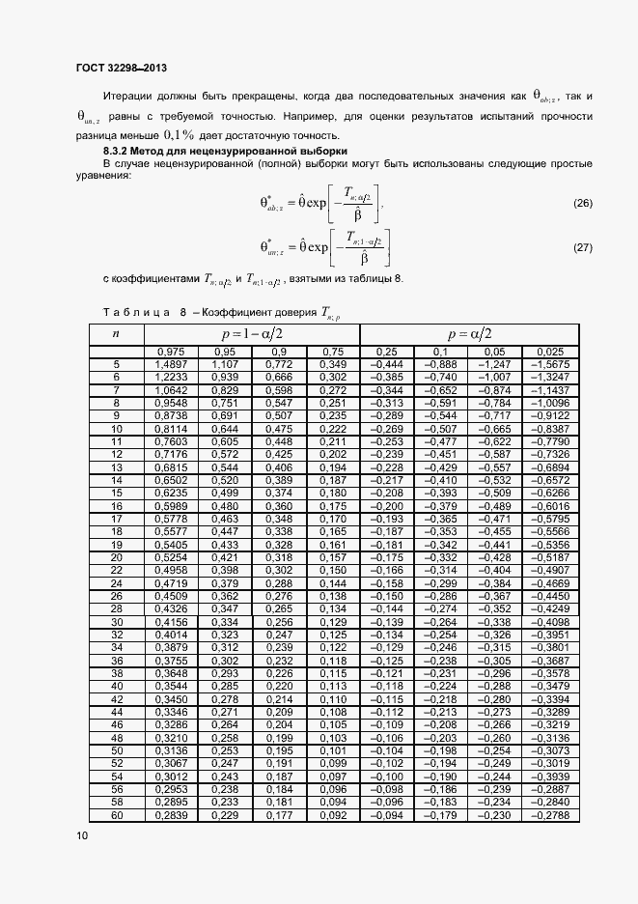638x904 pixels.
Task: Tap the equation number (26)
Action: [x=582, y=203]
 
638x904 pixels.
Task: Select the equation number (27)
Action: [x=582, y=248]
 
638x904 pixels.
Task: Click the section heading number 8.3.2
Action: [x=121, y=153]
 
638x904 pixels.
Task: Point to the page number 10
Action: [x=80, y=835]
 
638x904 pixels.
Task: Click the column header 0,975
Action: [x=171, y=352]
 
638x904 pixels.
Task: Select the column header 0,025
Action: [x=548, y=352]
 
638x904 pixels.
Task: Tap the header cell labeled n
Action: [x=116, y=333]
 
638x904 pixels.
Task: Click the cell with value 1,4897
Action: [x=171, y=364]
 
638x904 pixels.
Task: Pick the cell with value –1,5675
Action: [x=548, y=364]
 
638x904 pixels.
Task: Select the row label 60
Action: [x=116, y=815]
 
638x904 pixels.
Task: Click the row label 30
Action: [x=116, y=623]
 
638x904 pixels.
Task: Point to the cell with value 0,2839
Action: [x=171, y=815]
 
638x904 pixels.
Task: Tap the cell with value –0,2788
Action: [x=548, y=815]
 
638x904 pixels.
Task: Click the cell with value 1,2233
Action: [x=171, y=377]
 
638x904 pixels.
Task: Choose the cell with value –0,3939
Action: [x=548, y=777]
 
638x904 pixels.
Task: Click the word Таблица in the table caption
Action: [x=135, y=312]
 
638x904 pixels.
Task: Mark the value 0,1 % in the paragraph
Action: [x=179, y=136]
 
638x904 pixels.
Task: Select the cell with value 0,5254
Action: [x=171, y=557]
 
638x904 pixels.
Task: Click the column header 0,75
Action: [x=332, y=352]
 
